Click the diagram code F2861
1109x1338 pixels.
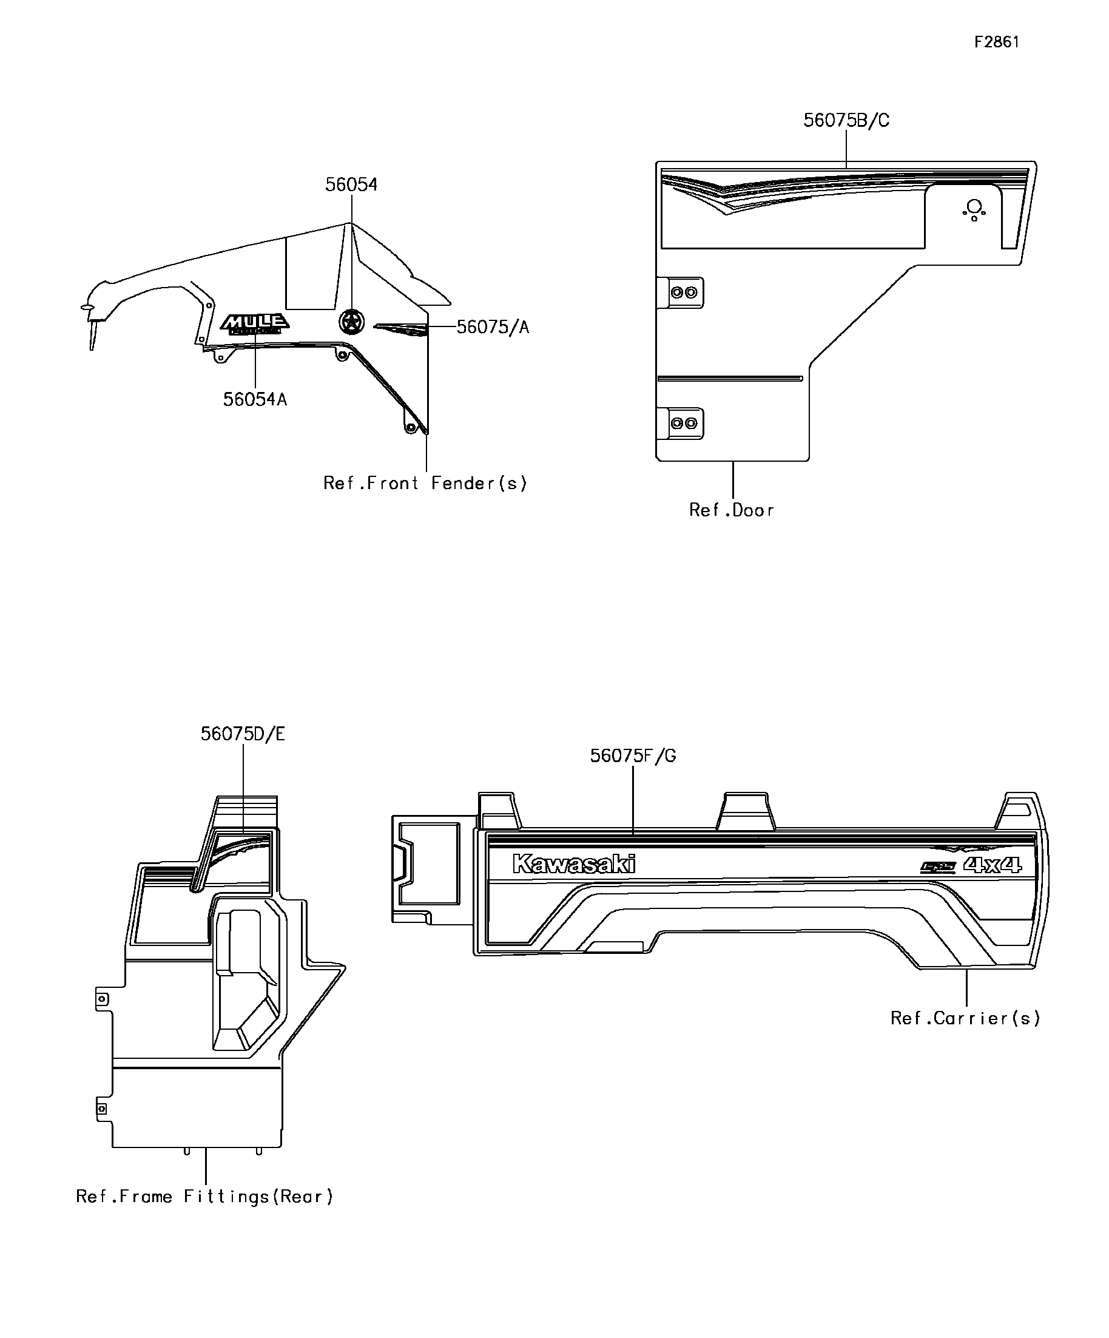(x=996, y=42)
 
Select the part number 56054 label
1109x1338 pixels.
(x=351, y=184)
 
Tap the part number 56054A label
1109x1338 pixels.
(x=255, y=399)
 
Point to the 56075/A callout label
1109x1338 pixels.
(x=493, y=327)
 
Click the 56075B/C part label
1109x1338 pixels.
(x=846, y=120)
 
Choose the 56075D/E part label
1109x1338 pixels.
(x=243, y=734)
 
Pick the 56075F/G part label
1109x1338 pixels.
(x=633, y=755)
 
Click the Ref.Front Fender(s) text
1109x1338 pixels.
(x=425, y=483)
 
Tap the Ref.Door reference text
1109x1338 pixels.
(x=731, y=510)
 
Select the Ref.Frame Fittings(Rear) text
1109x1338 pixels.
(x=204, y=1197)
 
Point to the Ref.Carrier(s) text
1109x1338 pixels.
(x=965, y=1018)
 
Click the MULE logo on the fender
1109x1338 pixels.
(x=255, y=323)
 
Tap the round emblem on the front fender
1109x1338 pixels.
(x=351, y=322)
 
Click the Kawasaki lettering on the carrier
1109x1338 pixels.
(x=574, y=865)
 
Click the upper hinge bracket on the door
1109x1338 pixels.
(x=684, y=292)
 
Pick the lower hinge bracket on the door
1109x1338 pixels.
(x=684, y=423)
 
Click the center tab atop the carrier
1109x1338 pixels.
(x=745, y=811)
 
